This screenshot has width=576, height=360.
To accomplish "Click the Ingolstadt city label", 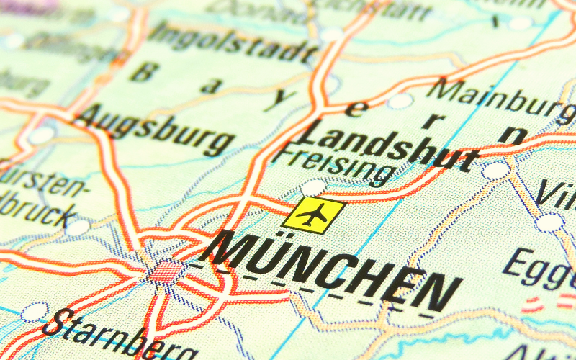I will pyautogui.click(x=234, y=43).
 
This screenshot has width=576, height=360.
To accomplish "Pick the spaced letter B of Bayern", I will pyautogui.click(x=144, y=72).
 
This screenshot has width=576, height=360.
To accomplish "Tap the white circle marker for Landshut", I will pyautogui.click(x=496, y=171).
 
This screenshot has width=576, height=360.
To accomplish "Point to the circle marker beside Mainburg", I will pyautogui.click(x=400, y=101).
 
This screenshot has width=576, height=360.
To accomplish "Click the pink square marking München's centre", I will pyautogui.click(x=167, y=272).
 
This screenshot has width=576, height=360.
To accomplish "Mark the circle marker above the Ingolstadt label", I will pyautogui.click(x=332, y=34).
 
